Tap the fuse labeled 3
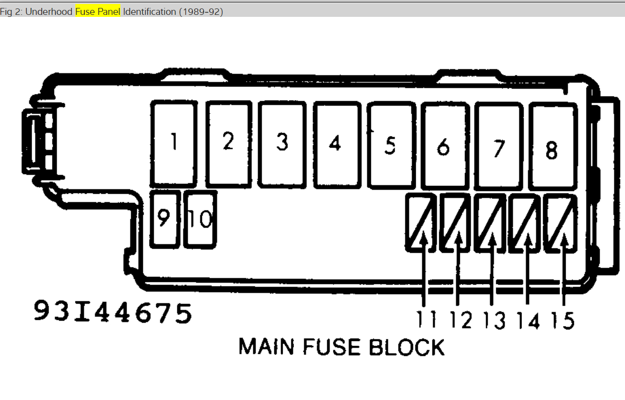[x=282, y=144]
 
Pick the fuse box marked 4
[x=336, y=145]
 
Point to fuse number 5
[x=391, y=145]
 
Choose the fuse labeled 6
[x=444, y=147]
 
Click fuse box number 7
[x=499, y=147]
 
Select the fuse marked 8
[x=552, y=147]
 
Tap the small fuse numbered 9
[x=164, y=219]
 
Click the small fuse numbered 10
[x=200, y=219]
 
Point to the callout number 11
[x=426, y=320]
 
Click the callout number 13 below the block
[x=494, y=321]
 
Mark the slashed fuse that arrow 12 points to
[x=455, y=223]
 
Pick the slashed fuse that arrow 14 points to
[x=525, y=223]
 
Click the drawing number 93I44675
[x=113, y=313]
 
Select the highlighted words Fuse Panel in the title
[x=98, y=11]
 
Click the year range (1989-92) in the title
[x=200, y=11]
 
